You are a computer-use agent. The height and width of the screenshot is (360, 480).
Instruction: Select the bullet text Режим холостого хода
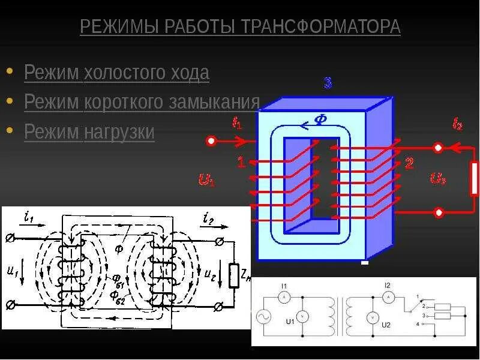[x=116, y=73]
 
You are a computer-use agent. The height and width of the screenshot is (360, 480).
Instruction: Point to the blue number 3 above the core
[x=328, y=83]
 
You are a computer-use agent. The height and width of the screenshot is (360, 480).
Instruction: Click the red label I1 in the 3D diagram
[x=236, y=122]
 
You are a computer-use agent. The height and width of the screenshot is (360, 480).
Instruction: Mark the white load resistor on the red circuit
[x=474, y=178]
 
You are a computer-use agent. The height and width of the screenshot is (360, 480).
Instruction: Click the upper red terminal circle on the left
[x=211, y=142]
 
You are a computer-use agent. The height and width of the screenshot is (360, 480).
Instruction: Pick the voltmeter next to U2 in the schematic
[x=372, y=317]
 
